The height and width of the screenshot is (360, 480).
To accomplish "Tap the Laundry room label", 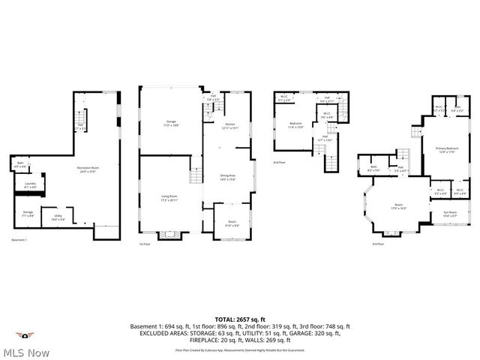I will point(31,184).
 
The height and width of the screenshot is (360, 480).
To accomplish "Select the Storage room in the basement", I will point(28,214).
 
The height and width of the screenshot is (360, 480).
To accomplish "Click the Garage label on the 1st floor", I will point(171,124).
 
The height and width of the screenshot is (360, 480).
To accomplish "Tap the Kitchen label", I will point(231,126).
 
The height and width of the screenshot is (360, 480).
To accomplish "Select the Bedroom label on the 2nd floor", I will point(296,125).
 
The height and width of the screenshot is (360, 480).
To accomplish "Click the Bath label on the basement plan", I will point(19,166).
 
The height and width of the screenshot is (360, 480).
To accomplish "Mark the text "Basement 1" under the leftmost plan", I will point(19,240).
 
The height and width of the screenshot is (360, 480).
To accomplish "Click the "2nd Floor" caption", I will point(279,162).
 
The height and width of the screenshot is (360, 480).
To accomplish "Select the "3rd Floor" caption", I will point(377,244).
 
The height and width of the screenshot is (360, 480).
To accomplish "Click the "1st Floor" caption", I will point(145,244).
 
